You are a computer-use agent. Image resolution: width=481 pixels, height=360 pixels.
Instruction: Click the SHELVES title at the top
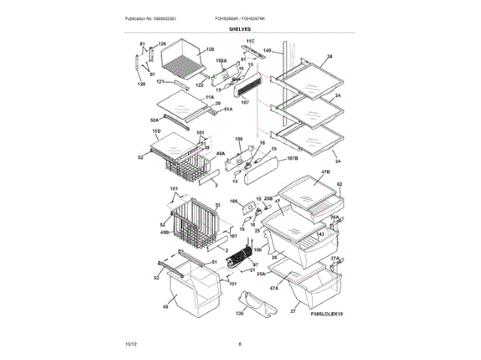coord(240,28)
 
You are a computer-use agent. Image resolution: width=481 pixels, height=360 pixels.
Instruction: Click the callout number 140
coord(267,52)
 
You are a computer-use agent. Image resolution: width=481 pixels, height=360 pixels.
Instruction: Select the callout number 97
coord(254,264)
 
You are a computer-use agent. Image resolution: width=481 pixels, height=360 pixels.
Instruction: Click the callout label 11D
coord(156,131)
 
